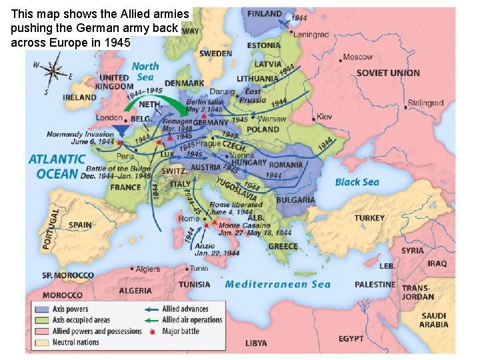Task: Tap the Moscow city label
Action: pos(358,57)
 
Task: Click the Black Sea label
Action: pos(357,182)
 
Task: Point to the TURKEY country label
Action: pos(369,218)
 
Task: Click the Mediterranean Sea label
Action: pos(277,285)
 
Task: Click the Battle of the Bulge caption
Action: pos(115,173)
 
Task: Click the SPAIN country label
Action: pos(80,225)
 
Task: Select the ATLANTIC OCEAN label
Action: pos(57,167)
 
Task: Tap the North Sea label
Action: pos(145,71)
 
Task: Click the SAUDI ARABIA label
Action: pos(433,321)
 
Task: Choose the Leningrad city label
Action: pos(311,35)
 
